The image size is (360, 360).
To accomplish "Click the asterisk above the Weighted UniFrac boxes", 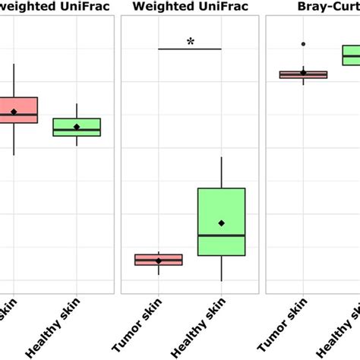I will click(190, 42).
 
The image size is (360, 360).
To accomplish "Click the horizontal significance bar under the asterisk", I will click(190, 49).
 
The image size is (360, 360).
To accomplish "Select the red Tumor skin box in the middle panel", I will click(159, 260).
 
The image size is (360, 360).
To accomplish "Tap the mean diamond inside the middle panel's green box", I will click(221, 223).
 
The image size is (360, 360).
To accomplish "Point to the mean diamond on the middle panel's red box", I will click(159, 261).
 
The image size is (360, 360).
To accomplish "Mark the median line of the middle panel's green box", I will click(221, 235).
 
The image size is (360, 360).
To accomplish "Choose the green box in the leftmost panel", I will click(77, 127).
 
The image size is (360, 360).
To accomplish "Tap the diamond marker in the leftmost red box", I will click(14, 112).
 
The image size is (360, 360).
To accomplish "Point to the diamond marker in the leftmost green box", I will click(77, 126).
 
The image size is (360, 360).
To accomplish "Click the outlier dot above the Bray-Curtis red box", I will click(304, 45).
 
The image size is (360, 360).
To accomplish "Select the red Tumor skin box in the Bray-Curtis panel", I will click(304, 74).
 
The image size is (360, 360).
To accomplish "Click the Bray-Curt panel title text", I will click(327, 7).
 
